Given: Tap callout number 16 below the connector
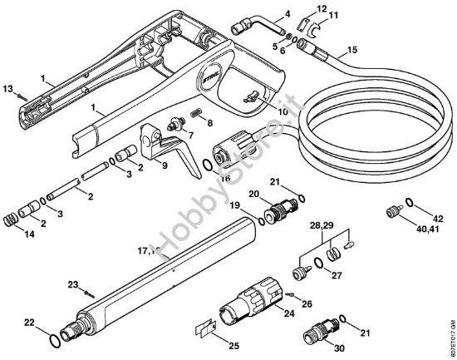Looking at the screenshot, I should [224, 178].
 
